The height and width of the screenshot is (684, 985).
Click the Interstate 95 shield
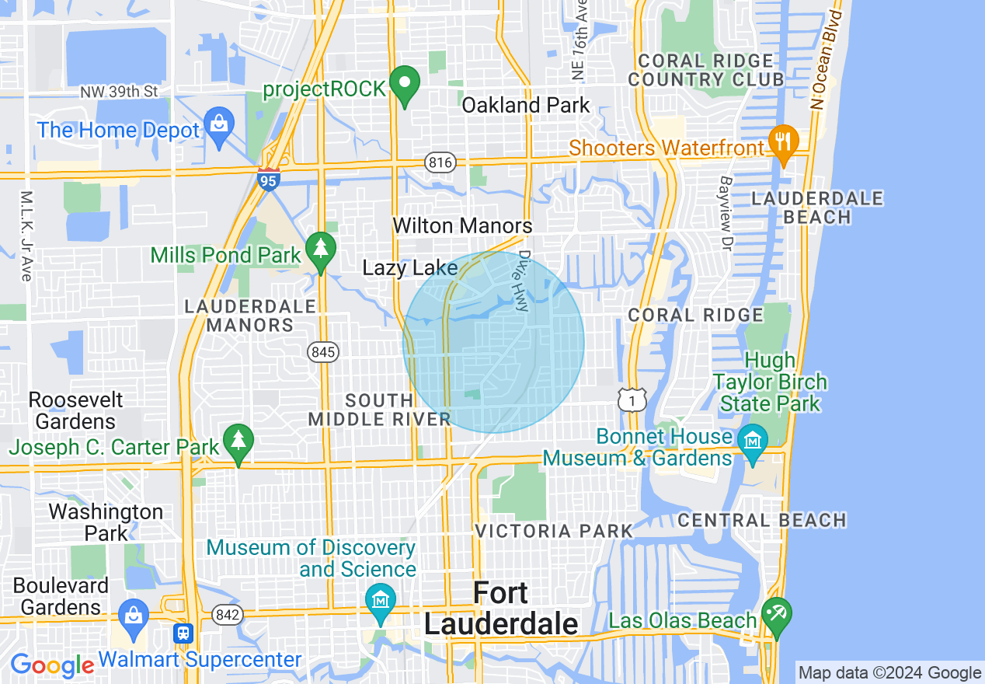point(269,179)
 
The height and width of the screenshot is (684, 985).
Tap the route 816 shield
point(439,162)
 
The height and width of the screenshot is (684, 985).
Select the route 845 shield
point(322,352)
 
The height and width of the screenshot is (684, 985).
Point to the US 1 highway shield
point(632,400)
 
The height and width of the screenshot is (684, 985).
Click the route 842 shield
point(228,615)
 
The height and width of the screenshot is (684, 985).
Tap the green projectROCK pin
point(404,85)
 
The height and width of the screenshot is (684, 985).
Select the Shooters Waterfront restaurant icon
point(783,142)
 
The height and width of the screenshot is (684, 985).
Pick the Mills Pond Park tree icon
point(319,250)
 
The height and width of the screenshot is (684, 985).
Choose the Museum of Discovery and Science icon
point(381,601)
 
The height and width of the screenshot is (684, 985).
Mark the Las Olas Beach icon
point(776,614)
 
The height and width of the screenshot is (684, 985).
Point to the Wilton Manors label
point(462,226)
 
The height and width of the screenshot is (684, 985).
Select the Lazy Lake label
point(410,268)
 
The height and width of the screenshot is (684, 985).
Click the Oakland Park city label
point(526,105)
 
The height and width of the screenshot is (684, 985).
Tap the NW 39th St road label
point(119,92)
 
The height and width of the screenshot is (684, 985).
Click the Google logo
point(51,665)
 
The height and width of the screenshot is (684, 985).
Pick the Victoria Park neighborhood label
point(554,532)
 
